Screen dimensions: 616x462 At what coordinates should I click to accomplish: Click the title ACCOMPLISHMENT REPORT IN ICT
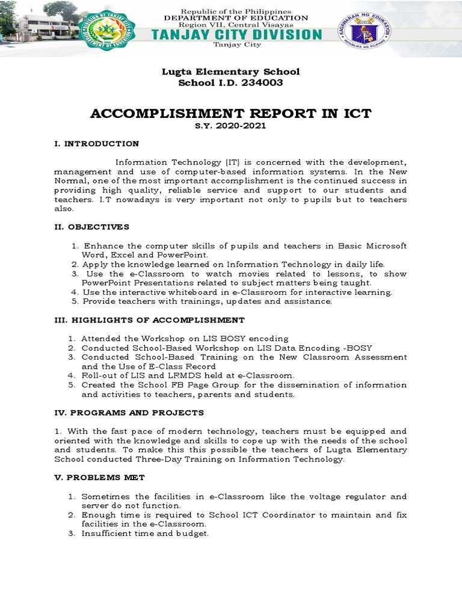tap(230, 114)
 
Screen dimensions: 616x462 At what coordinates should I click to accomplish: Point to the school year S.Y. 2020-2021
tap(230, 126)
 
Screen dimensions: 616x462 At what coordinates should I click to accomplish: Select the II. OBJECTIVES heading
tap(92, 227)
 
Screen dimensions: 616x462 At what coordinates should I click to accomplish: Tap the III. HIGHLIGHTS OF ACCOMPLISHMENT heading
tap(150, 320)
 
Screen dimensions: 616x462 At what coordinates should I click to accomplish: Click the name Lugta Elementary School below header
tap(230, 72)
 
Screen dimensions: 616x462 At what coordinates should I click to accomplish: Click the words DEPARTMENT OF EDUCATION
tap(236, 18)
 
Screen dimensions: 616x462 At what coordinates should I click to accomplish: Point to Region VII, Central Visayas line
tap(236, 25)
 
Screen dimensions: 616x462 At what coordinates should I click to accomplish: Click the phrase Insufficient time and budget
tap(145, 534)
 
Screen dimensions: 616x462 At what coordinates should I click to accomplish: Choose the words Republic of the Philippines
tap(236, 11)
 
